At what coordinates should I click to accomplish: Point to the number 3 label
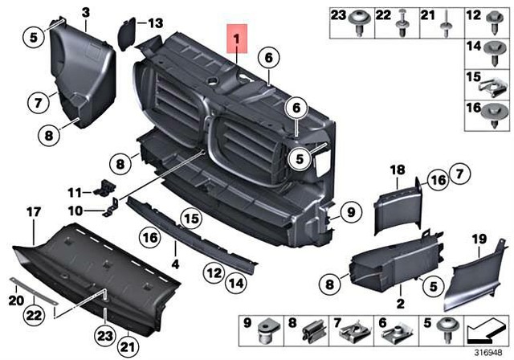tap(86, 10)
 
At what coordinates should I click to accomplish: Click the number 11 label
tap(74, 192)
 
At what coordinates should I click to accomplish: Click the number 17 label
tap(33, 212)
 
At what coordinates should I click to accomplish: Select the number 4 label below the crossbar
tap(176, 262)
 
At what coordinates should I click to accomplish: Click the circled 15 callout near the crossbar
tap(189, 218)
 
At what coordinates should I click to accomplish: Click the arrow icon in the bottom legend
tap(487, 329)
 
